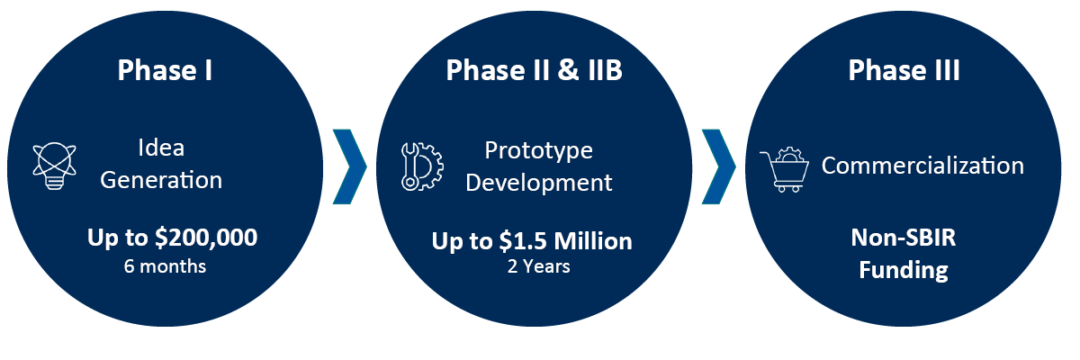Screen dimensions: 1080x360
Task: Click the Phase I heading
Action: click(165, 70)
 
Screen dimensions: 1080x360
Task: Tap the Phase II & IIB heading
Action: click(535, 70)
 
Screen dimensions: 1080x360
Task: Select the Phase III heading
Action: click(904, 70)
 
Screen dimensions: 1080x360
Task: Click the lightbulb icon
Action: click(55, 166)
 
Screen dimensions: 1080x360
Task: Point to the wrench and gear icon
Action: click(422, 166)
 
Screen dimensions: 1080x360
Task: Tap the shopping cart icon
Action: click(785, 169)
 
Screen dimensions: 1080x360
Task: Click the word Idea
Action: click(161, 148)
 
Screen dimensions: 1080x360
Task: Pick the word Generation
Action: click(161, 180)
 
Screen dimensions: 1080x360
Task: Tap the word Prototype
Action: click(538, 151)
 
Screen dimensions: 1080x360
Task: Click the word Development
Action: click(538, 183)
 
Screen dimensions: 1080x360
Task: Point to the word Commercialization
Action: click(922, 166)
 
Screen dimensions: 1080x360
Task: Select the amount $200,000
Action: click(206, 238)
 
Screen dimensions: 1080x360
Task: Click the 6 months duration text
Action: click(165, 266)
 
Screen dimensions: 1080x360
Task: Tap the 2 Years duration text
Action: click(538, 266)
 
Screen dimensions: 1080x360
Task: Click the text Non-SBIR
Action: click(904, 238)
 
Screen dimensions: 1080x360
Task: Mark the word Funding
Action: click(904, 270)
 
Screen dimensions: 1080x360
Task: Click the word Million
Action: click(593, 241)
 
